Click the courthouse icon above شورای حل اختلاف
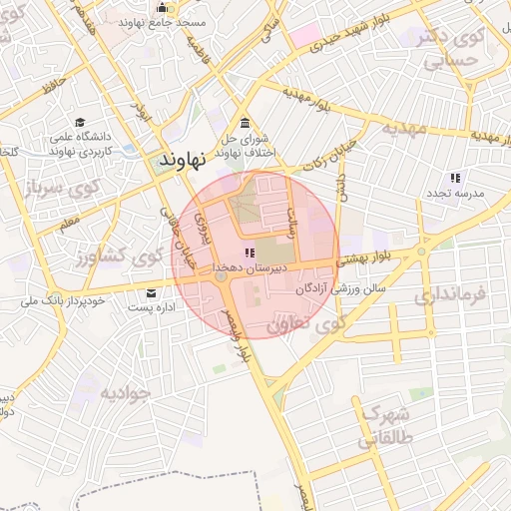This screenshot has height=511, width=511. coord(245,122)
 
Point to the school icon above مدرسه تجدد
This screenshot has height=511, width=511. coord(455,177)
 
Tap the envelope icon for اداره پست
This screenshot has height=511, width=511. coord(152,292)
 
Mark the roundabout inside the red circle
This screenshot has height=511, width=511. coord(221,276)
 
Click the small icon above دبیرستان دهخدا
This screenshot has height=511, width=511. coord(249,253)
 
